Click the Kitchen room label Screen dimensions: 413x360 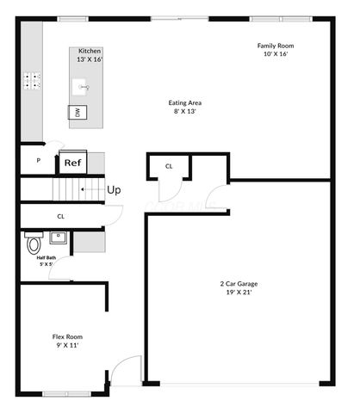click(x=90, y=51)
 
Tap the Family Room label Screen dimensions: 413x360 click(x=276, y=46)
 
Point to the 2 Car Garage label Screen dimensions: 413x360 click(x=239, y=283)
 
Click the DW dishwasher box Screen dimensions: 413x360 click(x=78, y=113)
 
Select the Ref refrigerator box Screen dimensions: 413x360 click(x=71, y=162)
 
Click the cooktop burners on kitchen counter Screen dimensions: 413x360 click(x=33, y=82)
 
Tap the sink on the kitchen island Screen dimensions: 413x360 click(x=84, y=87)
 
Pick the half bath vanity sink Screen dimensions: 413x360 click(x=59, y=237)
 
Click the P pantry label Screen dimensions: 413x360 click(x=38, y=160)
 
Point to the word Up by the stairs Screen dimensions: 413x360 click(x=113, y=189)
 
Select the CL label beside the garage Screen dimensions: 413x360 click(x=169, y=166)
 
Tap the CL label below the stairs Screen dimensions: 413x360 click(x=60, y=217)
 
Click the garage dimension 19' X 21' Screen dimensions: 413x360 click(x=239, y=293)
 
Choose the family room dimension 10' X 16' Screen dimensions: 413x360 click(x=276, y=53)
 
